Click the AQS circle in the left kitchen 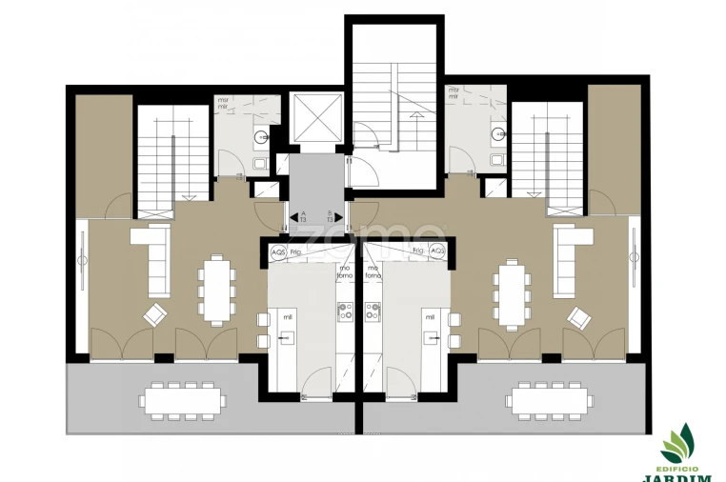[x=278, y=251]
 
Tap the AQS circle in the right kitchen [x=437, y=251]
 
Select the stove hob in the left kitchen [x=344, y=311]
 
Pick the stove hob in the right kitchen [x=373, y=311]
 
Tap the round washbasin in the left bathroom [x=259, y=138]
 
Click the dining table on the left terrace [x=183, y=399]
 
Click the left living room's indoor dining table [x=216, y=291]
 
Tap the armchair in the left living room [x=154, y=313]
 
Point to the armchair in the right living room [x=578, y=315]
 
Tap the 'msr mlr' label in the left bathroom [x=225, y=104]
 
